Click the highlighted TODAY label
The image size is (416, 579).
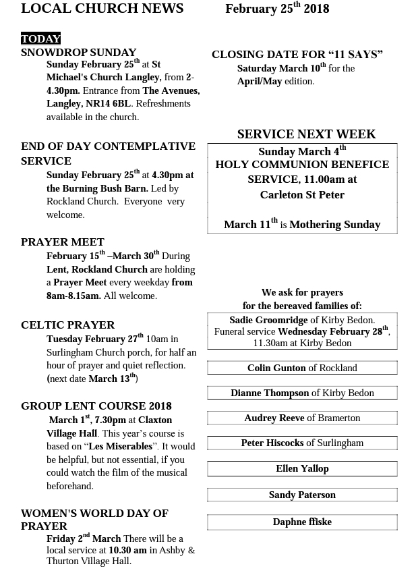tap(41, 39)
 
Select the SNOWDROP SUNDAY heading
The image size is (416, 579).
tap(79, 53)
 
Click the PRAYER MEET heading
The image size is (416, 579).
tap(63, 242)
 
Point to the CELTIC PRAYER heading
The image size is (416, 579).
tap(68, 325)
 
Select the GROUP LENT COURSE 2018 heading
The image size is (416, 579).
tap(96, 406)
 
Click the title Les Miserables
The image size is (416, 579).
tap(121, 447)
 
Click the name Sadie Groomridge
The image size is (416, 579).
tap(268, 321)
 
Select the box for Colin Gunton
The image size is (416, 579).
tap(302, 368)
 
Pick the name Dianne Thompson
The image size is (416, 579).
tap(270, 393)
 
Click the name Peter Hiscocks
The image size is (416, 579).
tap(272, 443)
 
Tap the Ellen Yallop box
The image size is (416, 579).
tap(302, 468)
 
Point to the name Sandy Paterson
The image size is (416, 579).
tap(302, 495)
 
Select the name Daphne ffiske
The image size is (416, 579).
tap(302, 522)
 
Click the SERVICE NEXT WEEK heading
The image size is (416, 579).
tap(306, 134)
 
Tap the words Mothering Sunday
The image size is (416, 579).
tap(334, 225)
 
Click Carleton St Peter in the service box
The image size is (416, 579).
tap(302, 195)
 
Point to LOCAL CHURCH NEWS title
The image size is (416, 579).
tap(102, 9)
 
